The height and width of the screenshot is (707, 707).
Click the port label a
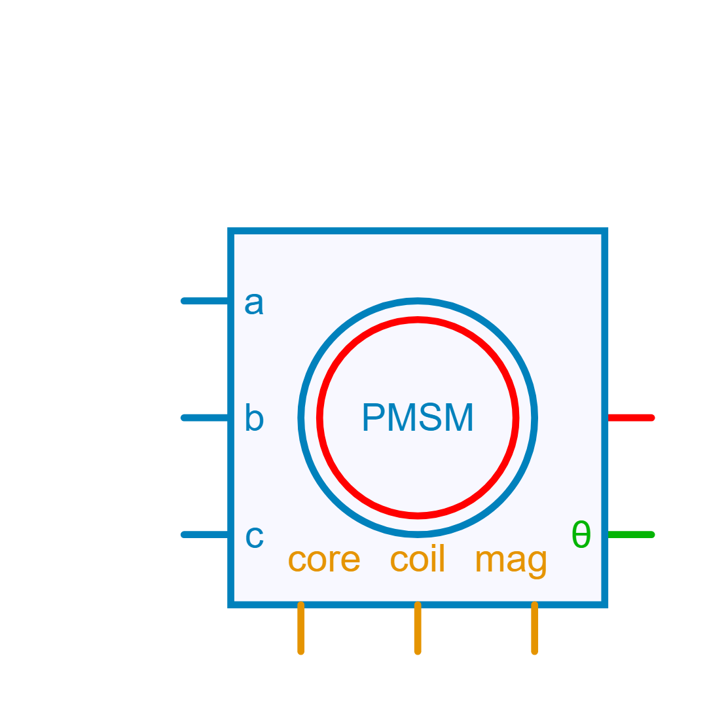[x=253, y=304]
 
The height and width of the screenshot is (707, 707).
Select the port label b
[x=253, y=418]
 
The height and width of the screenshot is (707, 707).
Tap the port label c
[x=254, y=537]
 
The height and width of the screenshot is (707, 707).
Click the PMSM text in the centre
[x=418, y=418]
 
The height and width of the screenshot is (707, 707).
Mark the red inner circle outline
[x=418, y=319]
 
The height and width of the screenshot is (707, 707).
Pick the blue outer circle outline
[x=418, y=301]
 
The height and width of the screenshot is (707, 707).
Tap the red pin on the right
[x=631, y=418]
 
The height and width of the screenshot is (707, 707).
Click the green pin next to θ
[x=631, y=535]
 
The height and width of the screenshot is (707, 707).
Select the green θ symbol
[x=581, y=535]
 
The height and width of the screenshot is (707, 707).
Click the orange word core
[x=324, y=560]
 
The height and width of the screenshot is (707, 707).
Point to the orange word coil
[x=418, y=560]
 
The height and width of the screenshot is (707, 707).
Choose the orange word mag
[x=511, y=562]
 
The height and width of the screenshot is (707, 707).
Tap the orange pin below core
[x=301, y=628]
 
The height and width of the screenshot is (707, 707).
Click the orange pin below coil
[x=418, y=628]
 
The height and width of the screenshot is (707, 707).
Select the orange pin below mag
[x=535, y=628]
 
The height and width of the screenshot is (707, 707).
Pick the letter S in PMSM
[x=430, y=418]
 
